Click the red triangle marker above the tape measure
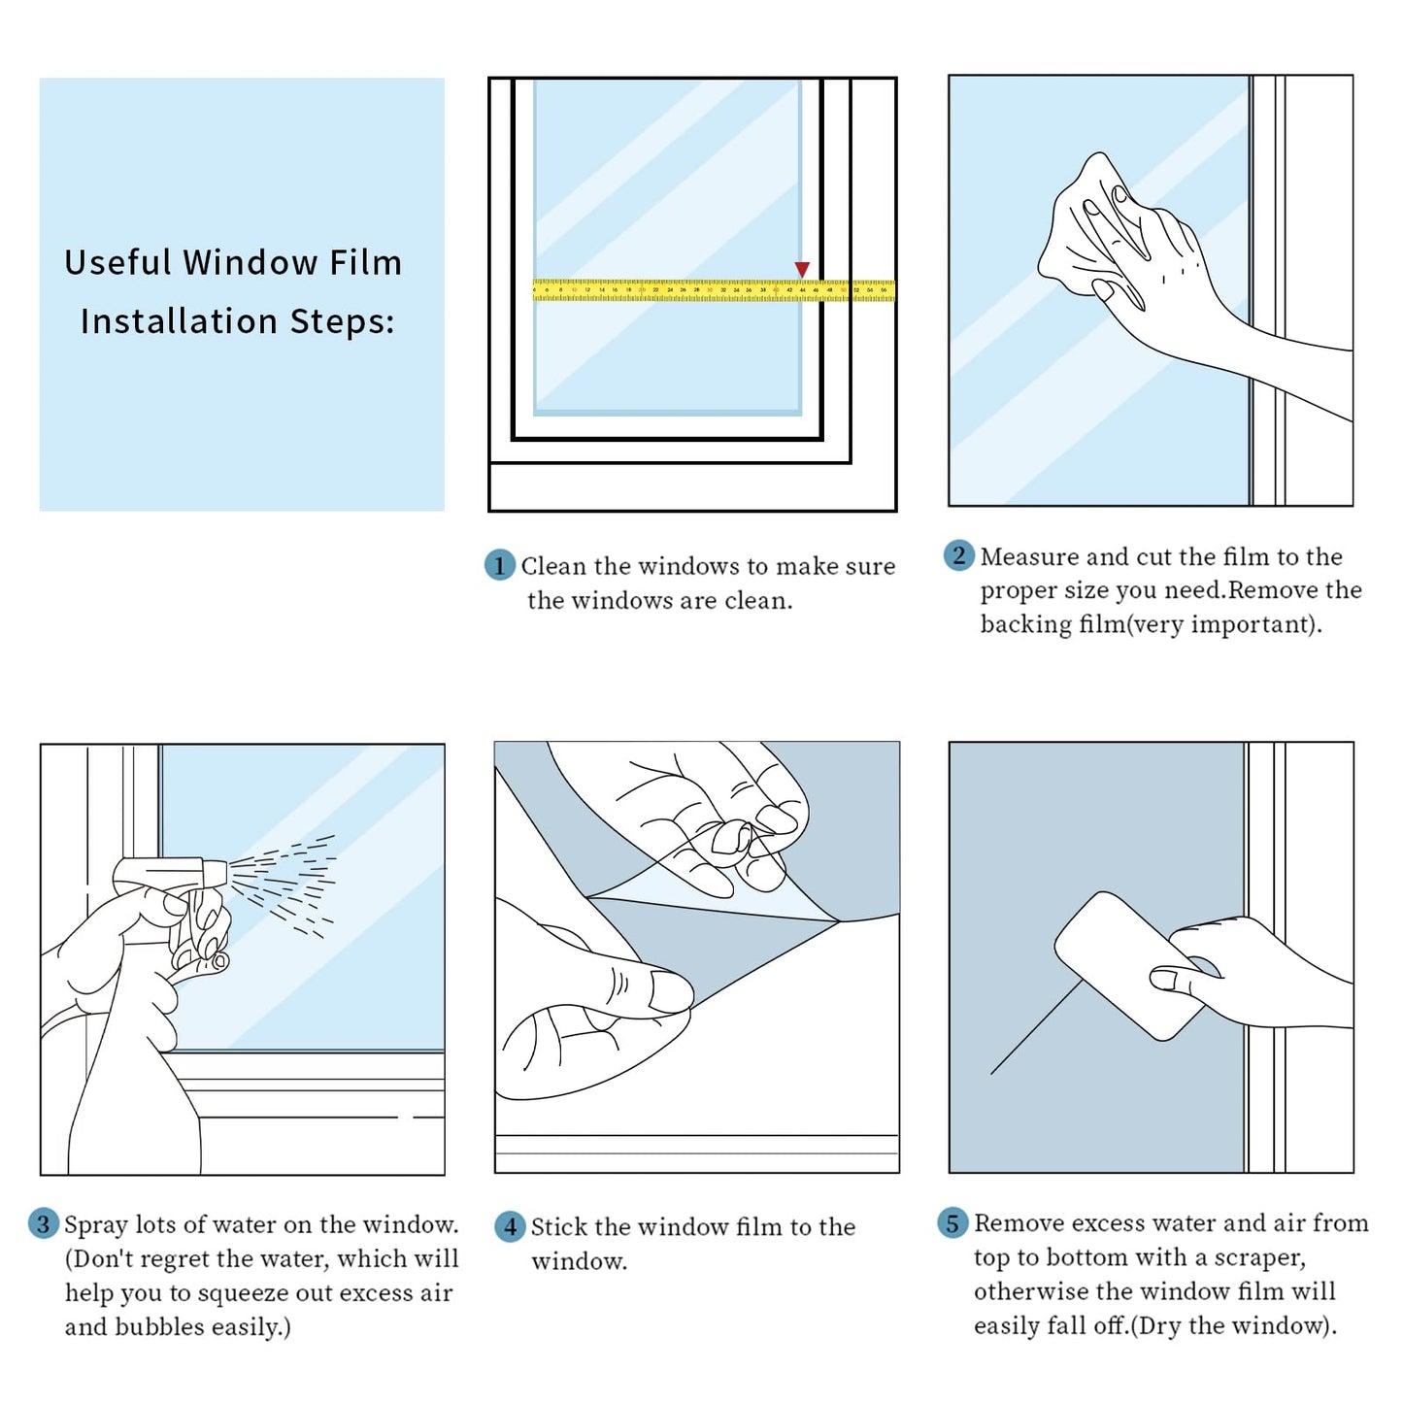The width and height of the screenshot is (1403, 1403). click(x=802, y=269)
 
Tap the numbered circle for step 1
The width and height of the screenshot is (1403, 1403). click(x=499, y=565)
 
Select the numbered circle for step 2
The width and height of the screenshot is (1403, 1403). click(x=959, y=555)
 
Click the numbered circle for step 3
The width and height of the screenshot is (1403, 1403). click(x=43, y=1223)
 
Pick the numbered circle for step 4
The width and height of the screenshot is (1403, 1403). click(x=511, y=1226)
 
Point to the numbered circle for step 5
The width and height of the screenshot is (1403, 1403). click(x=952, y=1222)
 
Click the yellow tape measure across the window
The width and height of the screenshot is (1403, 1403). click(x=714, y=289)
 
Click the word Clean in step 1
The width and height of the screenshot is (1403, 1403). click(x=553, y=566)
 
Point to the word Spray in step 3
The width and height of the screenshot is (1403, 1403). click(x=96, y=1225)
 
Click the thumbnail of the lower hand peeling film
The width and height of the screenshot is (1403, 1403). click(x=671, y=992)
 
